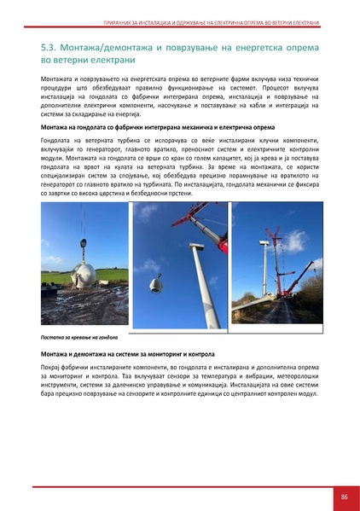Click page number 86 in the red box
(343, 496)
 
